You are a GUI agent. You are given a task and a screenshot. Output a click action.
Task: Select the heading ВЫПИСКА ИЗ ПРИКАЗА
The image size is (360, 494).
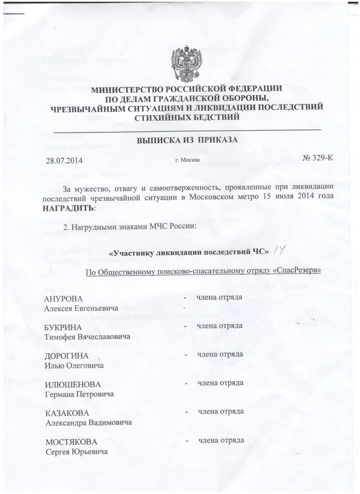point(187,140)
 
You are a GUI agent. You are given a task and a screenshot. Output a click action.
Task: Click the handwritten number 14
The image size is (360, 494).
point(280,250)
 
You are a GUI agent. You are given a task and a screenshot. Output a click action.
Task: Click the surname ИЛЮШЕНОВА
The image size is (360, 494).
point(73,384)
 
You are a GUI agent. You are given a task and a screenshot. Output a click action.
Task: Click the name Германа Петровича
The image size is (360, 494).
point(80,394)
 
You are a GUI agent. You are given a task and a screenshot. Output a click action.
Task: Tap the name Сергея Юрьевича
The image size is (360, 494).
point(77,452)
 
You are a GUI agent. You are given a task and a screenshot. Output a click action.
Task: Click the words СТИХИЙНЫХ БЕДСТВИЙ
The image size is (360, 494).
point(187,117)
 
